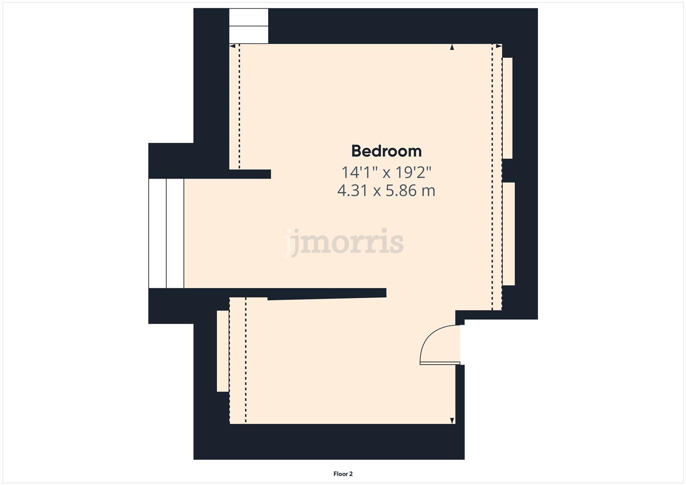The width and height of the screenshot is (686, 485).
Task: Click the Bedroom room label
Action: point(386,151)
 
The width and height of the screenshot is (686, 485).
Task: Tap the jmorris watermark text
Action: point(345,242)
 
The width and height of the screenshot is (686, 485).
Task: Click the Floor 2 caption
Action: point(343,474)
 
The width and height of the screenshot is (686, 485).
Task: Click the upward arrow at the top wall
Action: point(452,47)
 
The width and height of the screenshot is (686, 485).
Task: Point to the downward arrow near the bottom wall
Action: point(452,421)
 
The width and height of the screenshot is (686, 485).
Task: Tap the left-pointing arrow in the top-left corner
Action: point(232,46)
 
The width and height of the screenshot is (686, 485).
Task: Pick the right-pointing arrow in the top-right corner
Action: point(499,46)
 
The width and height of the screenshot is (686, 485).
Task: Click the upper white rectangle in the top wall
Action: point(249,17)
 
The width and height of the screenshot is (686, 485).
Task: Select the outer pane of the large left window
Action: point(157,233)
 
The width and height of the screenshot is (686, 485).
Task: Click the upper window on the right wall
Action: point(507,108)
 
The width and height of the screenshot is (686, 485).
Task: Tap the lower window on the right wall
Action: point(509,234)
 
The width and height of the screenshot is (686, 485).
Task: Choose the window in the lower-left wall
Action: point(223,351)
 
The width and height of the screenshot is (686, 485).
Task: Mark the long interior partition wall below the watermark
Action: point(327,294)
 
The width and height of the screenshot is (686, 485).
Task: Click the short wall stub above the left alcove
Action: point(250,174)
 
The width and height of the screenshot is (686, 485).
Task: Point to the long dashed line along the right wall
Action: point(492,180)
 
